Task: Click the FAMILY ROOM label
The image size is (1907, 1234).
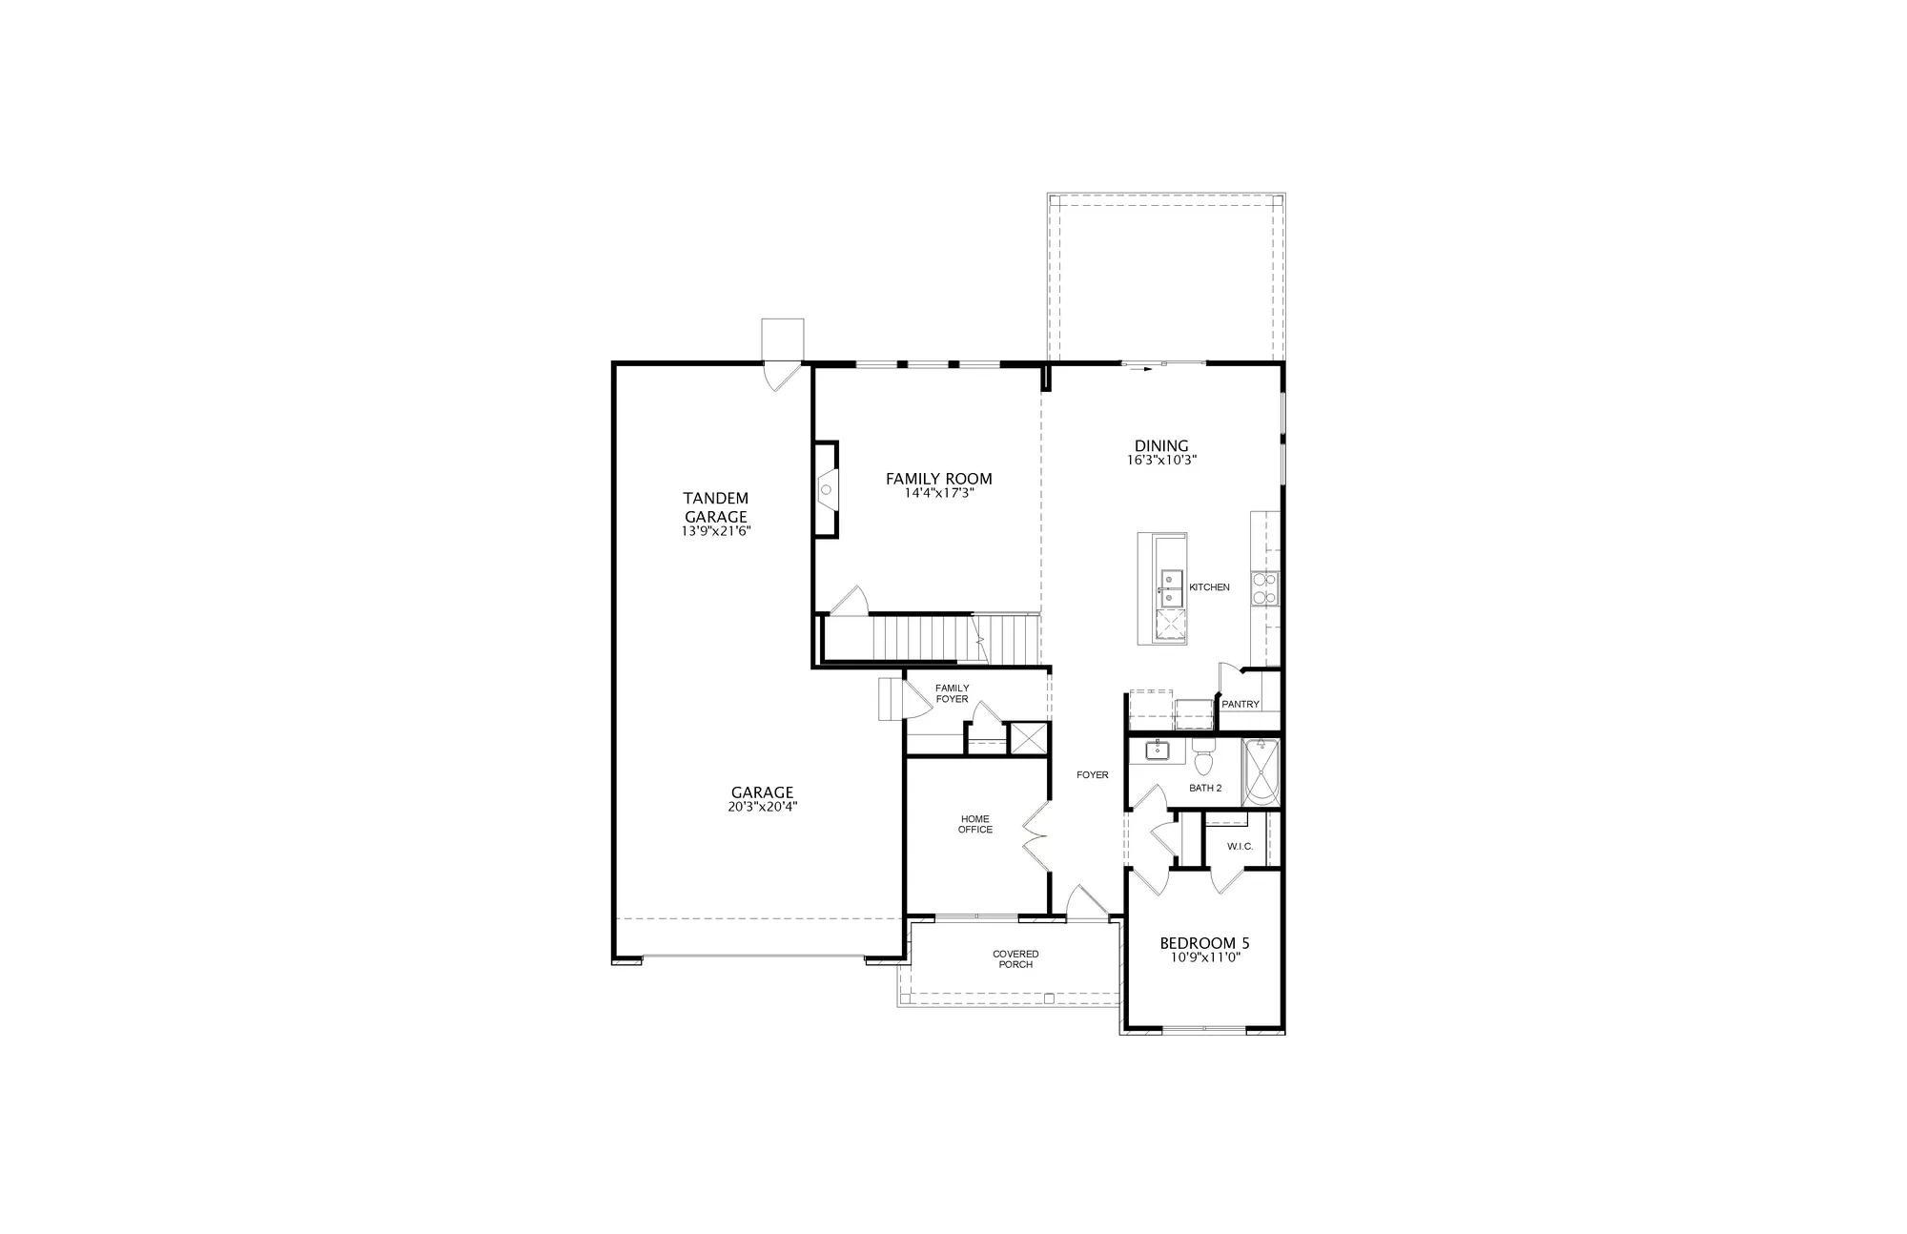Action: click(x=938, y=479)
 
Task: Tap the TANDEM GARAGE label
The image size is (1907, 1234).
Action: click(x=715, y=507)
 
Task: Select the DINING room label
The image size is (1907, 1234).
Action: click(x=1161, y=445)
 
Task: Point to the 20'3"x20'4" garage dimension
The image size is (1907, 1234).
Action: click(x=762, y=807)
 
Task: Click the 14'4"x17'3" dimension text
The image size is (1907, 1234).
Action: click(x=939, y=494)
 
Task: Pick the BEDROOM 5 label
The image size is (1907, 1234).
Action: click(x=1204, y=943)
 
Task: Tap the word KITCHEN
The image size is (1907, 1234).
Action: click(x=1209, y=587)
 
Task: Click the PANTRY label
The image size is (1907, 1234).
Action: click(x=1241, y=705)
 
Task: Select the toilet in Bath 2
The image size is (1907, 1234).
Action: click(x=1202, y=759)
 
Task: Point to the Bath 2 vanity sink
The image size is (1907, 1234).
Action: click(x=1158, y=751)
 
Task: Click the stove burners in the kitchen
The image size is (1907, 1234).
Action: click(x=1264, y=588)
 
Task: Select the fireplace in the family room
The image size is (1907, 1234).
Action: click(x=826, y=490)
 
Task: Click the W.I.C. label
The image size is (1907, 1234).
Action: click(x=1240, y=847)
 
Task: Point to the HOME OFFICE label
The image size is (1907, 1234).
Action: click(x=974, y=824)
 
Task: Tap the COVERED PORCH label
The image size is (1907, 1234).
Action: click(x=1015, y=958)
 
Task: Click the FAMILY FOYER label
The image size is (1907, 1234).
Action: click(x=952, y=693)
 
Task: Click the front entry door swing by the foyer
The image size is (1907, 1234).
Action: click(x=1086, y=902)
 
